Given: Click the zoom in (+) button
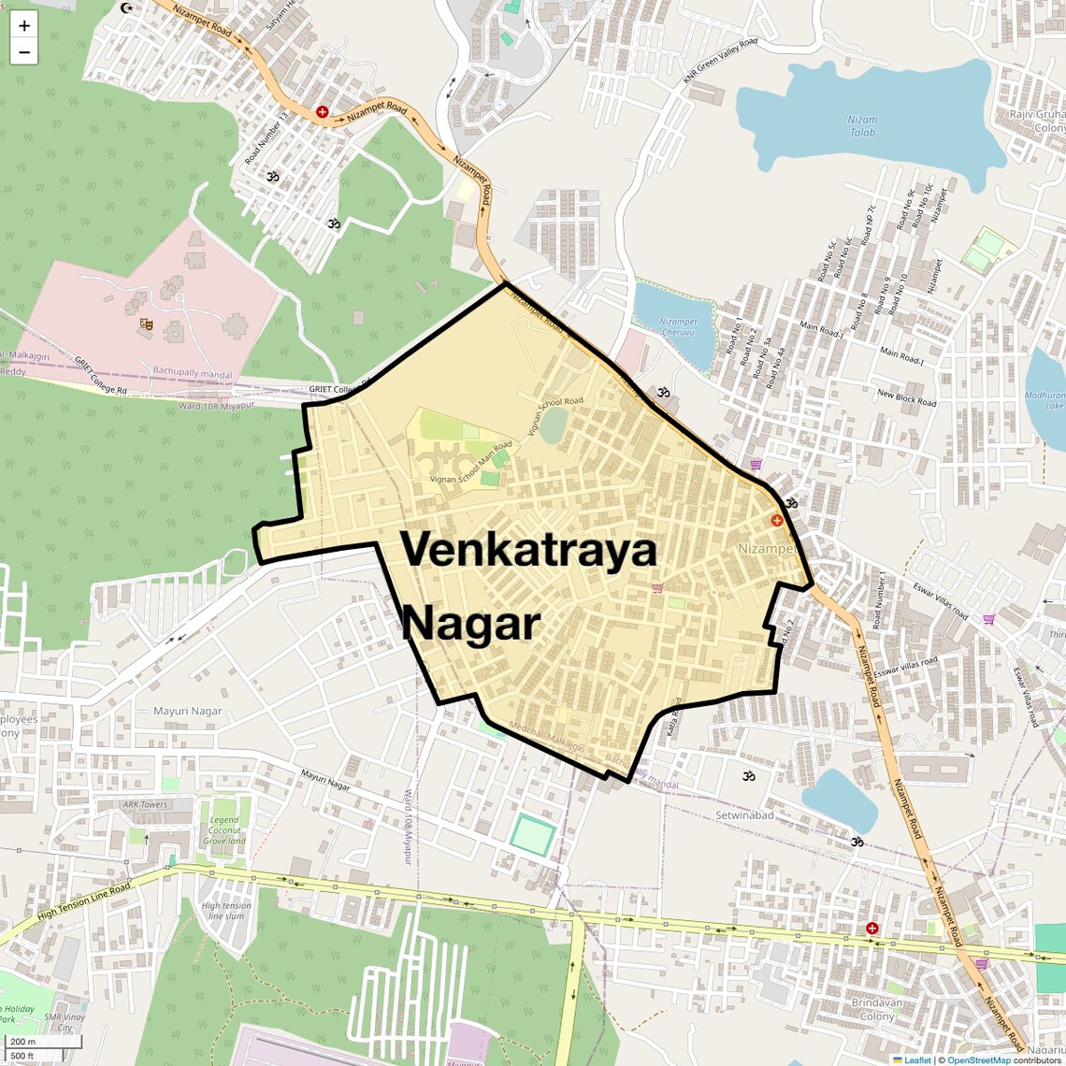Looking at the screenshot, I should click(x=24, y=26).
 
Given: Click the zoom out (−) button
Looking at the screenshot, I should click(x=24, y=52).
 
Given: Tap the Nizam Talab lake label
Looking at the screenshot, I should click(x=862, y=125).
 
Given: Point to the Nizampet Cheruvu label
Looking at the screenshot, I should click(x=678, y=326).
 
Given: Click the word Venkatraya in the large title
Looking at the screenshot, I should click(x=529, y=549).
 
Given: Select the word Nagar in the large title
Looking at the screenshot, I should click(x=470, y=623).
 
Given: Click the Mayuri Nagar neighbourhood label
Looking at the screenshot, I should click(x=188, y=711).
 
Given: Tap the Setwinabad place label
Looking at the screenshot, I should click(x=744, y=815).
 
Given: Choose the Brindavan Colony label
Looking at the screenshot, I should click(x=877, y=1009).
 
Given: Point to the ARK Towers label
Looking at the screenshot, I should click(x=145, y=804).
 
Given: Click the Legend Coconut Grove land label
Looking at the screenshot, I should click(x=225, y=830).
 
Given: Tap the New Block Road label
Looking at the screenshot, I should click(x=906, y=397).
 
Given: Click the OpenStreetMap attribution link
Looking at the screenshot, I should click(x=979, y=1059).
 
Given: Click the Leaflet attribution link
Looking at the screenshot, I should click(x=917, y=1059).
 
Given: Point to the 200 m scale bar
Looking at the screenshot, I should click(x=43, y=1042).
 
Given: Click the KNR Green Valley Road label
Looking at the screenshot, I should click(x=720, y=62).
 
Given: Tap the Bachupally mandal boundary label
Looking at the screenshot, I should click(x=193, y=373).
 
